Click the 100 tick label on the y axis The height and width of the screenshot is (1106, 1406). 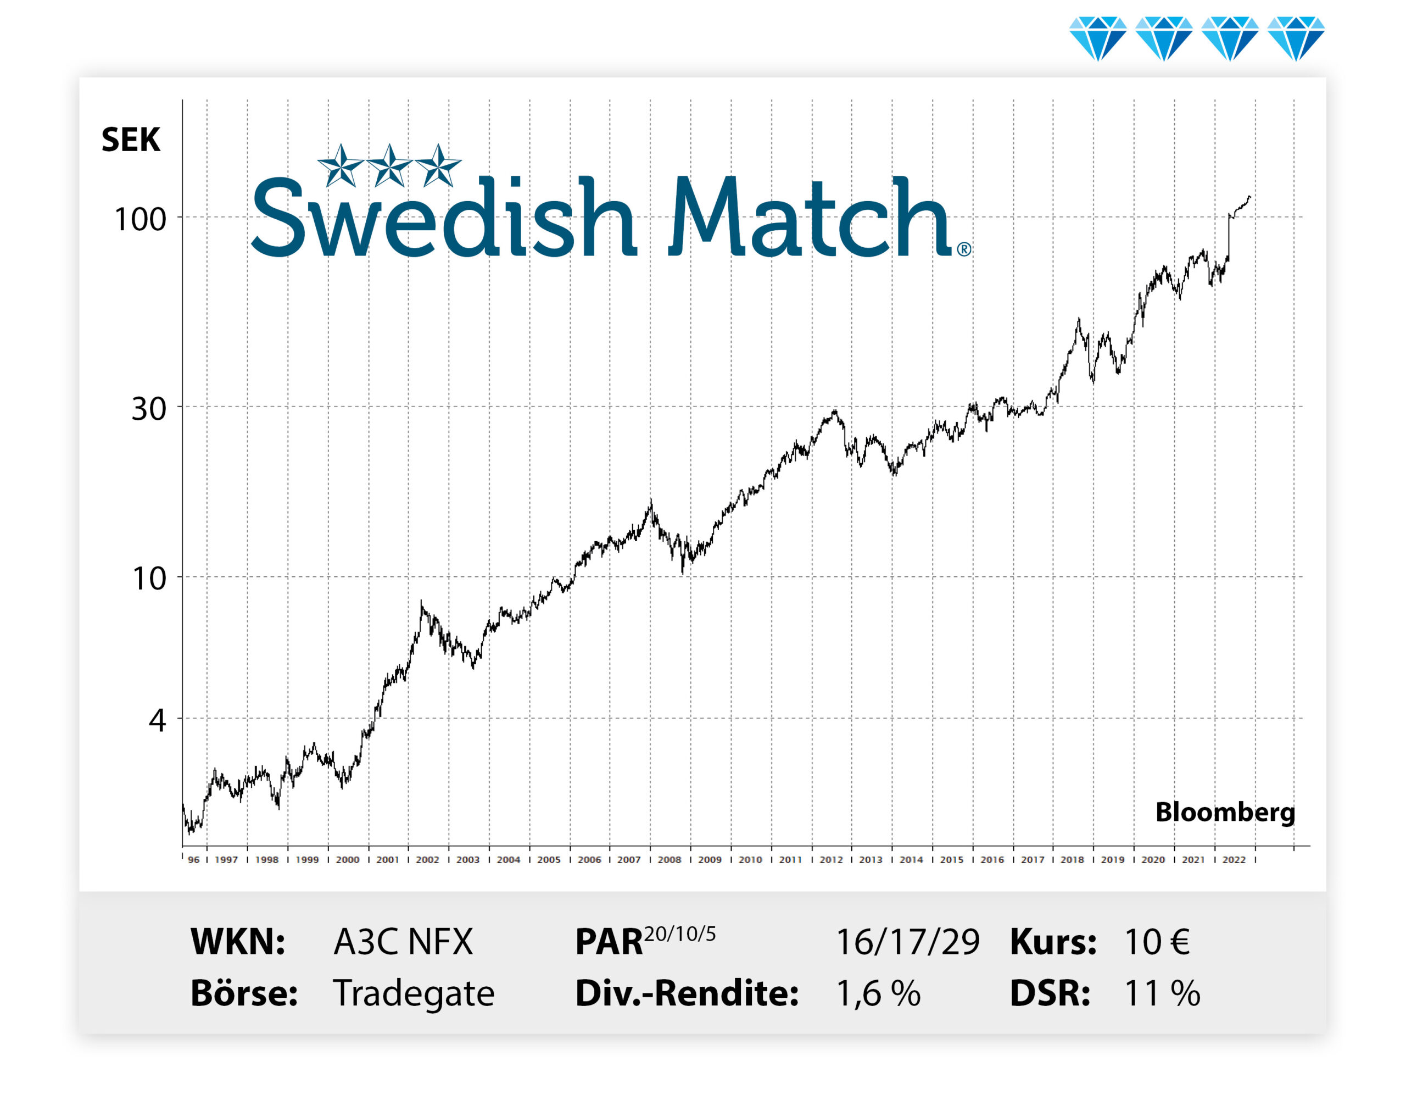pos(140,220)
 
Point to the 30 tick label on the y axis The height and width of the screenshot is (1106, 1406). pos(148,409)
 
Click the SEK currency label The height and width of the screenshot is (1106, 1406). pos(130,140)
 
